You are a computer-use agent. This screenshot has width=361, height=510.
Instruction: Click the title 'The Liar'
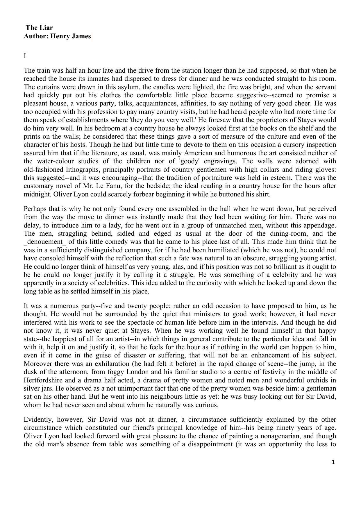tap(39, 28)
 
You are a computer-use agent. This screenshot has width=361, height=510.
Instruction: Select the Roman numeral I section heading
tap(25, 56)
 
